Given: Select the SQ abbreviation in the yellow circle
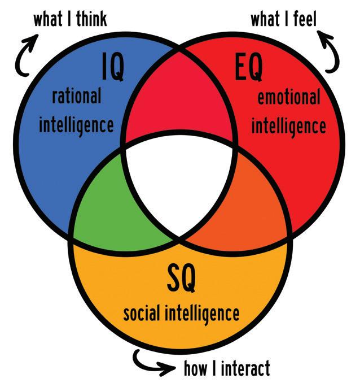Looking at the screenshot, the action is [x=181, y=277].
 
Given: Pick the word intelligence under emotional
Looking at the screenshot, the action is [x=288, y=125].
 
